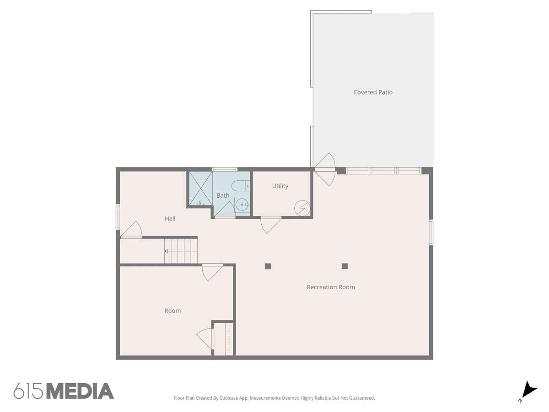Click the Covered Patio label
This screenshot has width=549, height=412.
click(373, 92)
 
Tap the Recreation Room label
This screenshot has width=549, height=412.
click(331, 287)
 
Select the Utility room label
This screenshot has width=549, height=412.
click(280, 186)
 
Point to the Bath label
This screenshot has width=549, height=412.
click(223, 195)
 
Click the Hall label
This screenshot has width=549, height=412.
click(170, 218)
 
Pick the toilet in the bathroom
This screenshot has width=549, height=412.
click(240, 186)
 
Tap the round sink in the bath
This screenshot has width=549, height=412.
click(242, 205)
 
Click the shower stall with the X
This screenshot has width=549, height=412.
click(200, 188)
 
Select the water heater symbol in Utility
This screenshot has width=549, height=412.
click(302, 208)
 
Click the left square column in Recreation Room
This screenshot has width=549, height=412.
click(268, 266)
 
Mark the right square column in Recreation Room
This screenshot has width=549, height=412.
click(344, 266)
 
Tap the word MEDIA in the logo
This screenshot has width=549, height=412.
click(81, 391)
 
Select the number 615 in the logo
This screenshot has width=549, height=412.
click(28, 391)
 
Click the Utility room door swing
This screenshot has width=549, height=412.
click(271, 225)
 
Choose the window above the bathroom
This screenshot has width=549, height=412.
click(225, 169)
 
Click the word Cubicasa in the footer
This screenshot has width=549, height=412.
click(229, 398)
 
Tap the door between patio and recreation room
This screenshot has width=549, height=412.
click(325, 169)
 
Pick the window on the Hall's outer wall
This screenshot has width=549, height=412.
click(118, 217)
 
